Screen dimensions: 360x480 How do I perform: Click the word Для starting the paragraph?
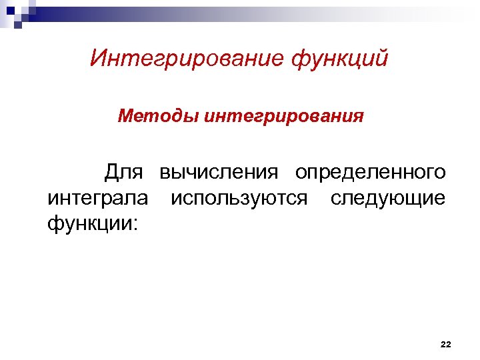click(123, 173)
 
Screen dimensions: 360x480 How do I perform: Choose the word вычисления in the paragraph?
click(218, 173)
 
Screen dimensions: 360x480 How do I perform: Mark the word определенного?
click(371, 173)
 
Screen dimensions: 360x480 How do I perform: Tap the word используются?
click(239, 198)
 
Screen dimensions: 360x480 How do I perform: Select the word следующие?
click(387, 198)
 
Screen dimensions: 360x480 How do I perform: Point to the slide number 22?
click(446, 344)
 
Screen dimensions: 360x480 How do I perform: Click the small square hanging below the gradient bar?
click(18, 26)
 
